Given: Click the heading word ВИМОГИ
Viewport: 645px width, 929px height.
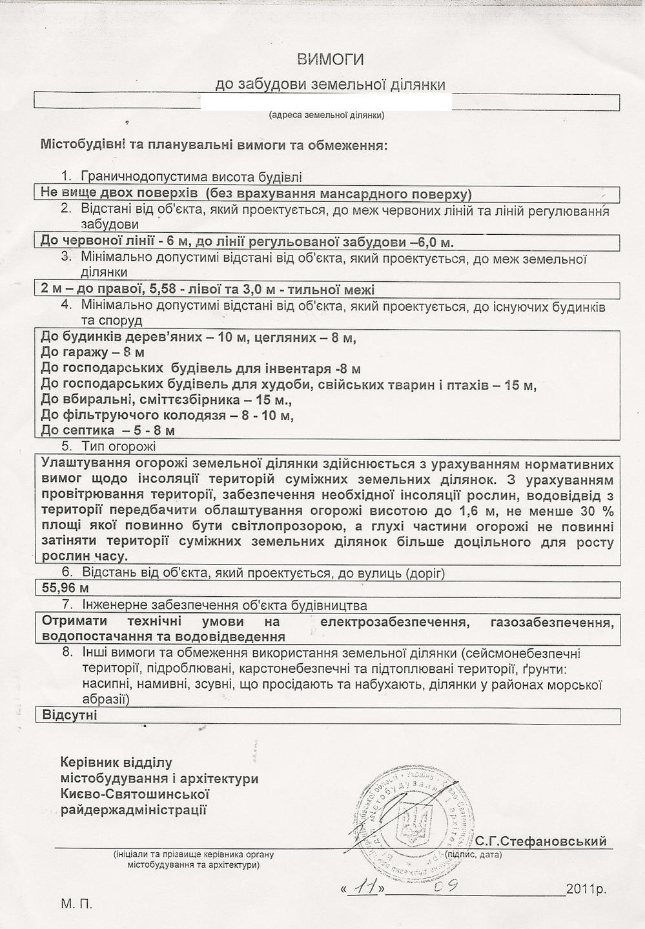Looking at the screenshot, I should (330, 60).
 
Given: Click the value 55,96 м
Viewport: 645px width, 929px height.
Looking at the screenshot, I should (65, 588).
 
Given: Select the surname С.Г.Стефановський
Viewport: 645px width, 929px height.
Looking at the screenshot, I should (541, 841).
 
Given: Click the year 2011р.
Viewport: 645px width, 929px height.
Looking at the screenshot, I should (586, 890).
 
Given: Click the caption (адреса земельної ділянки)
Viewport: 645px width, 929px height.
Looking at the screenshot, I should (326, 115).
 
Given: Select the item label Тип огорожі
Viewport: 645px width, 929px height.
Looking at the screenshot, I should (118, 446).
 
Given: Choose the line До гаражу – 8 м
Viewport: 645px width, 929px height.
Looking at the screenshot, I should (92, 352).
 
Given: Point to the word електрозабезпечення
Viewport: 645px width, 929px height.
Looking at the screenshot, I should (394, 622).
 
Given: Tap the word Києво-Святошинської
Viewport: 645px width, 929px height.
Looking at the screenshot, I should (135, 794).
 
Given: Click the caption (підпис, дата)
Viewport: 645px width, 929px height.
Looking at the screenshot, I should (473, 854).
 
